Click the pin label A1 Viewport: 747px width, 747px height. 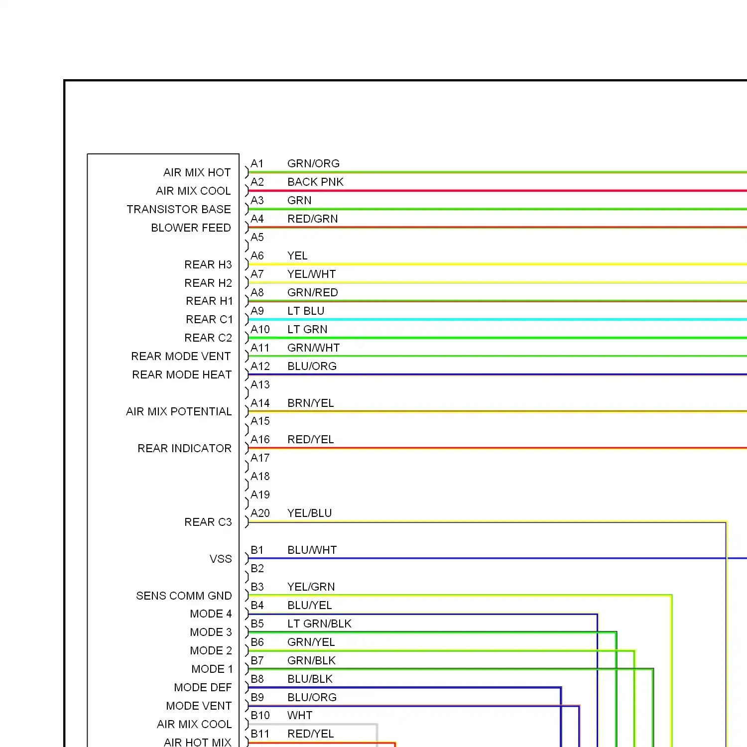[x=257, y=163]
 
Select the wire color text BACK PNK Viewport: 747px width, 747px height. [x=315, y=182]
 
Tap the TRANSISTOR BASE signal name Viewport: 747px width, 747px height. [x=179, y=209]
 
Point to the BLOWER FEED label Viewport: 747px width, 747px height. [x=191, y=228]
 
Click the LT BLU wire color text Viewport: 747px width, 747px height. [x=306, y=311]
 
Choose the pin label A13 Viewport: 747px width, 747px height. [x=260, y=384]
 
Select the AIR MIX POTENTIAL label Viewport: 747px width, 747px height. [x=179, y=411]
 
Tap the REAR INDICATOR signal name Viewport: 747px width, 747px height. [x=184, y=448]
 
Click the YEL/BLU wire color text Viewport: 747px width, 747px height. [x=309, y=513]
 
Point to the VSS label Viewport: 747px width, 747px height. [x=221, y=559]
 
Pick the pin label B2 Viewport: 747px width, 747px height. [x=257, y=568]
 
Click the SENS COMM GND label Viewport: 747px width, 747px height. [x=184, y=596]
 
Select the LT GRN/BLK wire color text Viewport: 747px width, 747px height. [x=319, y=623]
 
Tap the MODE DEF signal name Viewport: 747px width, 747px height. [x=203, y=687]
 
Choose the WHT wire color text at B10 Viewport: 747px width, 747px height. [x=300, y=715]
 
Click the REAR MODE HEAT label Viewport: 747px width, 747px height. [x=182, y=374]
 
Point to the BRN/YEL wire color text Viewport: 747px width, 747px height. [x=310, y=403]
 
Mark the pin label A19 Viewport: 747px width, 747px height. [x=260, y=495]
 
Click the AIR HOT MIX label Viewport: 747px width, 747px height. [x=197, y=742]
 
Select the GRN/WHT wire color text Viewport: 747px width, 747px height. [x=313, y=348]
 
